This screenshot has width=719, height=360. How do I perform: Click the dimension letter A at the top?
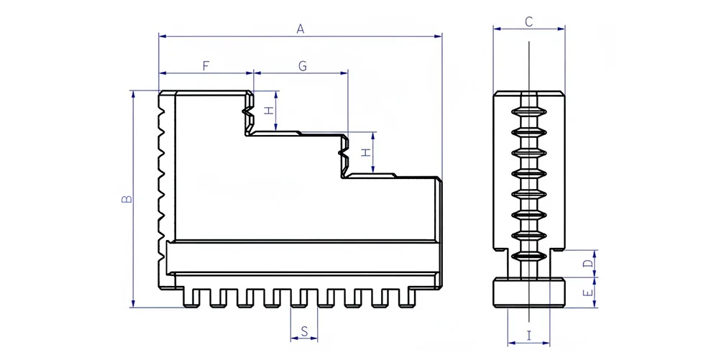click(x=301, y=29)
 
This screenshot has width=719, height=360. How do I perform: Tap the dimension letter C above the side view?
click(x=528, y=22)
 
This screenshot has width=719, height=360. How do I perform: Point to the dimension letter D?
click(x=588, y=264)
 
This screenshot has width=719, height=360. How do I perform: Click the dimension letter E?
click(x=588, y=292)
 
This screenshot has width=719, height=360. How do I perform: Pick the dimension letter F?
click(x=206, y=66)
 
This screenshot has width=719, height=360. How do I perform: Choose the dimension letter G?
click(x=303, y=66)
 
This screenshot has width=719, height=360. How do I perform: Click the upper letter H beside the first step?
click(x=269, y=110)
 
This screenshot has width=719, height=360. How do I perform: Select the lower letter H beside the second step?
click(x=366, y=152)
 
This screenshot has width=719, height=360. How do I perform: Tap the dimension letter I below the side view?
click(x=529, y=336)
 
